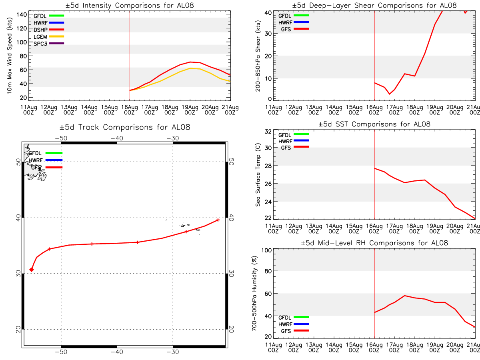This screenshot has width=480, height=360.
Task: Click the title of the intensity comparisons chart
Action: [x=130, y=5]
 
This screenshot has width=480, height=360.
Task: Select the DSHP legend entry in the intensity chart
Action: [x=48, y=30]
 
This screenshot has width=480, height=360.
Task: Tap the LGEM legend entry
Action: [x=48, y=37]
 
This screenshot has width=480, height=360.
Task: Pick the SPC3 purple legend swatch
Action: [x=56, y=43]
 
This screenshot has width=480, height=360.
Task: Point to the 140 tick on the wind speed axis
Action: [x=22, y=15]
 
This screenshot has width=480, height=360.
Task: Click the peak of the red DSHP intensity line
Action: [x=190, y=62]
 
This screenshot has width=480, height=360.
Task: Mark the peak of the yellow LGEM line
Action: [x=190, y=68]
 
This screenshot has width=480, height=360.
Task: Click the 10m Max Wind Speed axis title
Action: [x=10, y=56]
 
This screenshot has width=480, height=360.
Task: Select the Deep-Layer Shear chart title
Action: [x=374, y=5]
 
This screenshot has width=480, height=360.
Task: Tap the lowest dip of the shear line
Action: [x=390, y=94]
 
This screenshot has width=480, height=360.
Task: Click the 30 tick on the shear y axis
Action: [x=268, y=34]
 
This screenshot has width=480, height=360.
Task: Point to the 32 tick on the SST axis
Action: [x=268, y=131]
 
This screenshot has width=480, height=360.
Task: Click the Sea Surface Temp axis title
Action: [x=258, y=175]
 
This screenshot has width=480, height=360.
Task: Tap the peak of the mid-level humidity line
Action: [x=404, y=296]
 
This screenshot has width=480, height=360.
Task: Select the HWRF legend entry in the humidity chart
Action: [x=294, y=324]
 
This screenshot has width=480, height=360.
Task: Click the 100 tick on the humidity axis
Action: [x=266, y=250]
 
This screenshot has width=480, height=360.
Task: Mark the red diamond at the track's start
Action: [x=32, y=270]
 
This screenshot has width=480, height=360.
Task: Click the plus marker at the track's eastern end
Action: [x=218, y=220]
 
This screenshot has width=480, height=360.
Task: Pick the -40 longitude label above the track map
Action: [x=117, y=138]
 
